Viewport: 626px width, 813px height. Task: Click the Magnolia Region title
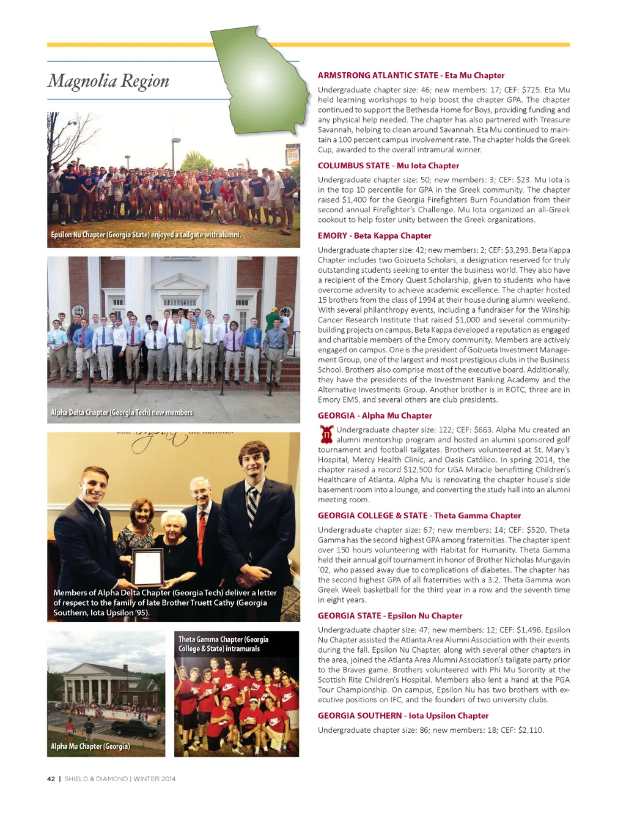(x=109, y=81)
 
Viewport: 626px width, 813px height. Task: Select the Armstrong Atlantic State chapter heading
(x=411, y=75)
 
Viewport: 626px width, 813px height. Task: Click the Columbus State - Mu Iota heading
(x=388, y=165)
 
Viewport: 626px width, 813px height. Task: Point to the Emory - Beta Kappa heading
(x=374, y=236)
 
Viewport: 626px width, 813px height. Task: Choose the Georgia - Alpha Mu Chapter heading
(x=375, y=415)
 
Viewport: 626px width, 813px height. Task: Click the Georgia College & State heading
(x=419, y=516)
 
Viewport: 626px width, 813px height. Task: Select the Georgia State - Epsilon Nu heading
(x=390, y=615)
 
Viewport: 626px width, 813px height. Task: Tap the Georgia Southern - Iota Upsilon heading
(x=403, y=716)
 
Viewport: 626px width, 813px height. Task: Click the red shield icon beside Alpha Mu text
(x=326, y=434)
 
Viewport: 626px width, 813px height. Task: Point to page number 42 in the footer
(x=51, y=779)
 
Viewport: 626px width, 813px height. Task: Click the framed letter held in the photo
(x=148, y=567)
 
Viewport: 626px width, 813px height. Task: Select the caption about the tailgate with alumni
(x=146, y=235)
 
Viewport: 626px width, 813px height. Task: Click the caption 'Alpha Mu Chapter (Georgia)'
(x=90, y=746)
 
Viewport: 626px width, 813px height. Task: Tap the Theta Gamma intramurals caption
(x=223, y=644)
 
